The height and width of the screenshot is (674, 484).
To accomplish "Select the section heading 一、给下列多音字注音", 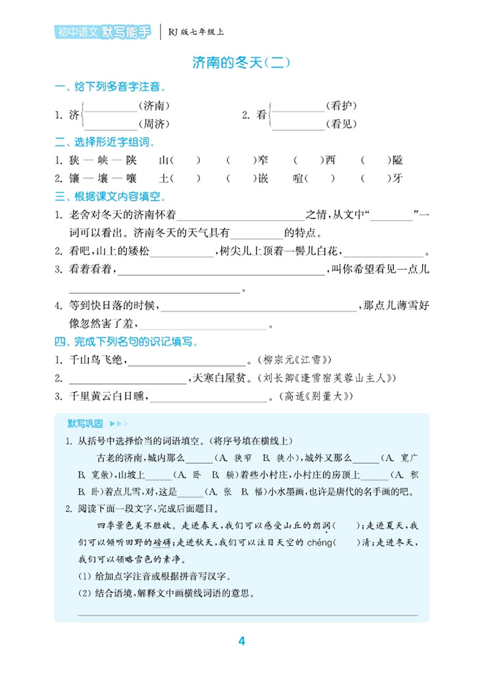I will pyautogui.click(x=111, y=87).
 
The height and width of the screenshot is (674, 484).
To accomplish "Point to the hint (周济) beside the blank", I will pyautogui.click(x=154, y=124).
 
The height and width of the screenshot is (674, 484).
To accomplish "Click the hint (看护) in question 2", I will pyautogui.click(x=341, y=105).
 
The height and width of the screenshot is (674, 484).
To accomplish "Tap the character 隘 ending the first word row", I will pyautogui.click(x=398, y=161).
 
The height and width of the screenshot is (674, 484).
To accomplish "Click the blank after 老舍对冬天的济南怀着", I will pyautogui.click(x=240, y=216).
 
